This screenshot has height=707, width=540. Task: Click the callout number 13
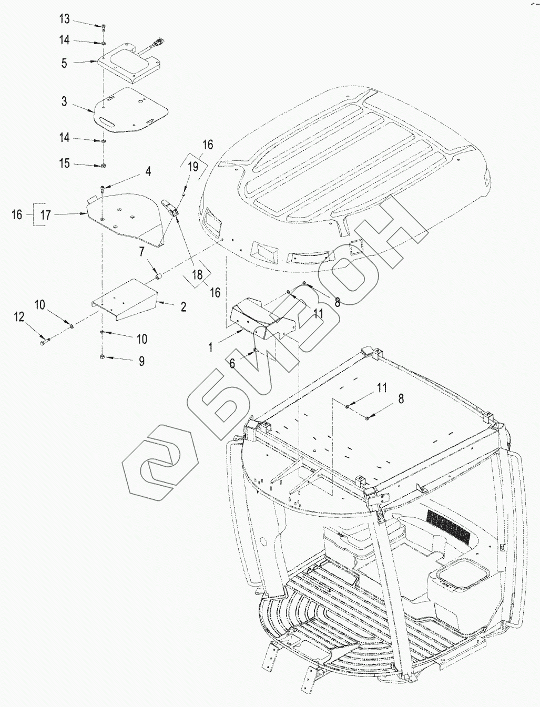(x=64, y=19)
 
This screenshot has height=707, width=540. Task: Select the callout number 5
(x=64, y=63)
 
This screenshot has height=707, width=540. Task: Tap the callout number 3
(x=64, y=101)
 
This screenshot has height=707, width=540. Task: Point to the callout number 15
(x=64, y=164)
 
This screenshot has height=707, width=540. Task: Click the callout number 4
(x=148, y=171)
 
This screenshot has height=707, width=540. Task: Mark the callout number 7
(x=141, y=252)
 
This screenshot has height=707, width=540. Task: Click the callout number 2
(x=183, y=307)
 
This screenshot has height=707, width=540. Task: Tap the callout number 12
(x=19, y=316)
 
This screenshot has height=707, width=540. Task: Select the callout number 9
(x=141, y=361)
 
